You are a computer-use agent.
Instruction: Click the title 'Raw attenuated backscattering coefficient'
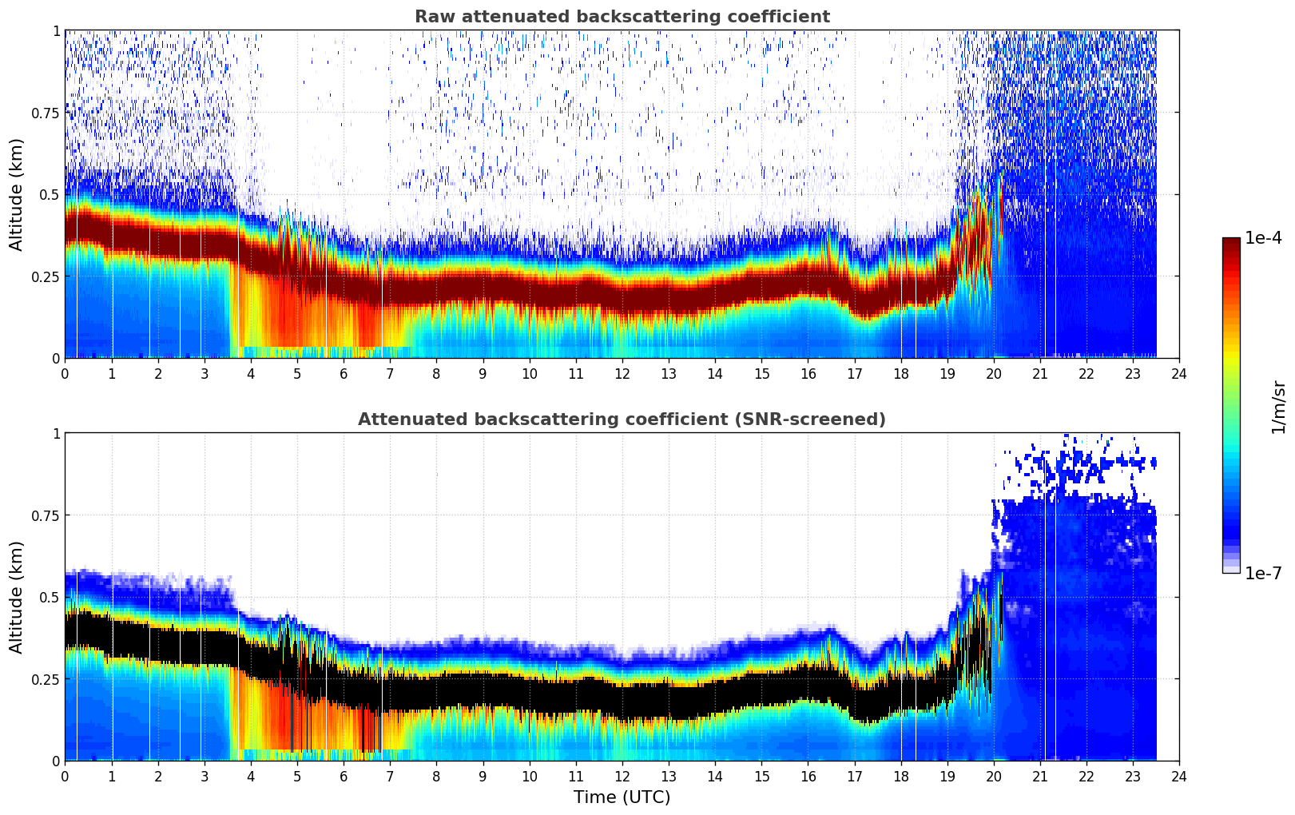click(x=622, y=17)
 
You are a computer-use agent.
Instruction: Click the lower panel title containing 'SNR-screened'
click(x=622, y=419)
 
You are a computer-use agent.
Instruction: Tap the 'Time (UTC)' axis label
click(x=622, y=797)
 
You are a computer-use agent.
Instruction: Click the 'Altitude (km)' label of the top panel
click(x=17, y=194)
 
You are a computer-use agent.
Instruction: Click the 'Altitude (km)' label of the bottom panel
click(x=17, y=597)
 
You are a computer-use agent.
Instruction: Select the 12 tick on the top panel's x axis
click(x=622, y=373)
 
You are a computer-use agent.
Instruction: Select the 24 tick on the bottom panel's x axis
click(x=1178, y=776)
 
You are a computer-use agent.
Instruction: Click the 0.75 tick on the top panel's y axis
click(x=44, y=113)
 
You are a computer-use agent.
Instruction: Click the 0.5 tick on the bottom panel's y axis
click(x=50, y=597)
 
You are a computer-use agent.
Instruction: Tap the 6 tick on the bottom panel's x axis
click(x=344, y=776)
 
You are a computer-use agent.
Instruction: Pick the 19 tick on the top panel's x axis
click(x=947, y=373)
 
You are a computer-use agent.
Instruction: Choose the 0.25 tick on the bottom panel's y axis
click(x=44, y=678)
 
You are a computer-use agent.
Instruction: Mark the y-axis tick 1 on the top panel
click(x=56, y=30)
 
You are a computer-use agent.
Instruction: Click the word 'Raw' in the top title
click(x=431, y=17)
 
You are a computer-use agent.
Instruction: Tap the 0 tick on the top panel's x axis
click(x=65, y=373)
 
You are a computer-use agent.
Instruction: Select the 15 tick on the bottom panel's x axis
click(x=761, y=776)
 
